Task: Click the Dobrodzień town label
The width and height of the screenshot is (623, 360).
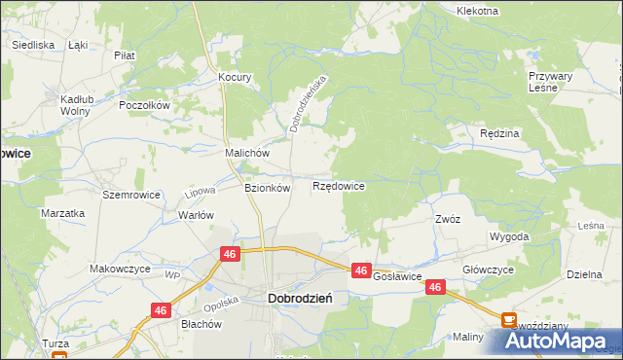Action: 300,301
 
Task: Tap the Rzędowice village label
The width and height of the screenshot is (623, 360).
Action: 339,186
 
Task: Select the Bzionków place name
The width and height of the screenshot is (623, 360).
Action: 267,188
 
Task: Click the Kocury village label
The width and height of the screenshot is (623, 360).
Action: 236,77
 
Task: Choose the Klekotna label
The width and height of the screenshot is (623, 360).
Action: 477,11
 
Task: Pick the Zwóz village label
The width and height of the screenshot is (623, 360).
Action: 448,220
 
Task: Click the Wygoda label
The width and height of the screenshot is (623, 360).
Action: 510,236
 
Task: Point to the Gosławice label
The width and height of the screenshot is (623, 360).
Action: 396,276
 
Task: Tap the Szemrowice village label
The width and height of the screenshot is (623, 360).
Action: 124,195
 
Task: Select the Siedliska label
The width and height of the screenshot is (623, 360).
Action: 31,45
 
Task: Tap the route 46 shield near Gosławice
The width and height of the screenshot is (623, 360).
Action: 361,270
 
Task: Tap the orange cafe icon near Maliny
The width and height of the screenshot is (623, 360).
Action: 509,319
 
